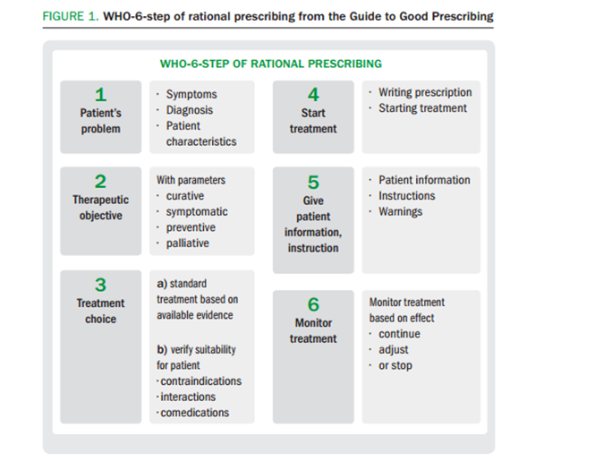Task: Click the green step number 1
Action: [x=101, y=95]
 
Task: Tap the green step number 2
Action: [x=100, y=182]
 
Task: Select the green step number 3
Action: [x=101, y=285]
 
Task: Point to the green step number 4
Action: [x=313, y=95]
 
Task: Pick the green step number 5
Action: [x=313, y=183]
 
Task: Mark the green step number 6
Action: [x=313, y=304]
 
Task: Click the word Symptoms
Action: [x=191, y=95]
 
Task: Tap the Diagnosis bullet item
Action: [x=190, y=110]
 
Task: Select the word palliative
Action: [x=187, y=244]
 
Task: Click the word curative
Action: [x=185, y=195]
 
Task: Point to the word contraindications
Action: [x=201, y=381]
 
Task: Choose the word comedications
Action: [x=195, y=413]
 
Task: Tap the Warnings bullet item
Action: [x=401, y=211]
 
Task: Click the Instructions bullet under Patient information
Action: [x=407, y=195]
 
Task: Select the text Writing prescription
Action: [x=425, y=92]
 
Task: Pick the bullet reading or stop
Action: [x=395, y=365]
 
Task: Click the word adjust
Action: [x=394, y=350]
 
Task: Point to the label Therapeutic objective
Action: [x=101, y=208]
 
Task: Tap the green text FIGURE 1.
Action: [x=71, y=16]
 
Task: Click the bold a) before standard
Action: [x=162, y=284]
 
